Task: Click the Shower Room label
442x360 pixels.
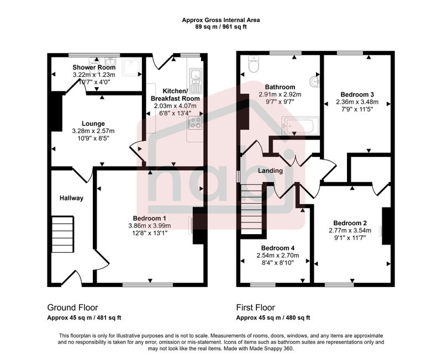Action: tap(94, 67)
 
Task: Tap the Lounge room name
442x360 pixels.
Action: tap(93, 123)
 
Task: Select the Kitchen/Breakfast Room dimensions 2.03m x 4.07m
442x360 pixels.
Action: tap(175, 106)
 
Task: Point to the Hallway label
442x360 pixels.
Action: tap(72, 198)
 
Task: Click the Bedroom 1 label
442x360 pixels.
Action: tap(149, 218)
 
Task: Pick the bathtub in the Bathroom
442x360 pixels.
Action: tap(301, 126)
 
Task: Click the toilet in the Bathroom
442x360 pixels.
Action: tap(254, 63)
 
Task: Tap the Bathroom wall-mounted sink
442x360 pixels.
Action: tap(314, 82)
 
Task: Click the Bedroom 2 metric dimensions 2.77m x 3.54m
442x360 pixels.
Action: tap(350, 230)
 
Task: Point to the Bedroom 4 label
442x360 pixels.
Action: tap(278, 248)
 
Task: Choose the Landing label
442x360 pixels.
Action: tap(270, 171)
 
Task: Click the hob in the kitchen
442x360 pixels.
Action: tap(195, 123)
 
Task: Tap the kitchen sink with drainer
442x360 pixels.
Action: tap(195, 81)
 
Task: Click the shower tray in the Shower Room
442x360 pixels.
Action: tap(131, 67)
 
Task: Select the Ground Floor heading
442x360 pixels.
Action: tap(72, 308)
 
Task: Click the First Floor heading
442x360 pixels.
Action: tap(255, 308)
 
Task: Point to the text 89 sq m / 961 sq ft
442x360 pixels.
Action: tap(221, 27)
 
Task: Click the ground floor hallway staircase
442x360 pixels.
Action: tap(63, 234)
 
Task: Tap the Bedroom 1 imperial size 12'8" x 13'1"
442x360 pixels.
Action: tap(150, 233)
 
